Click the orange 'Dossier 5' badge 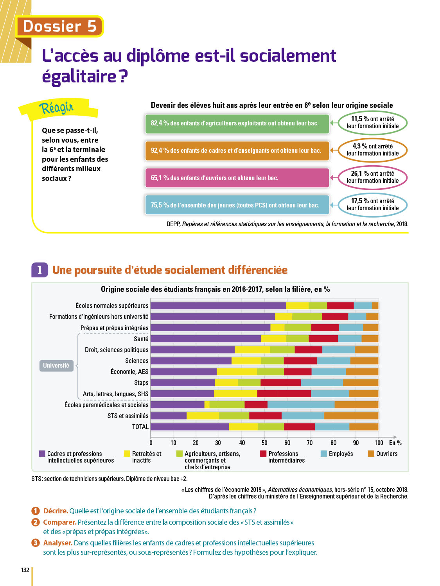point(59,27)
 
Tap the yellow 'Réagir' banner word point(56,107)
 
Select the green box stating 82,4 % point(237,123)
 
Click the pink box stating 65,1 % point(237,178)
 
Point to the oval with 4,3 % point(372,150)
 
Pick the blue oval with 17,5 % point(372,205)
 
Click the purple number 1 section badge point(40,270)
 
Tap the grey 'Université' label point(56,366)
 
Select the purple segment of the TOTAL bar point(190,427)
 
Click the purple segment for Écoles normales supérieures point(218,306)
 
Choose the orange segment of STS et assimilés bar point(351,416)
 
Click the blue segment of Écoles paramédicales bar point(301,405)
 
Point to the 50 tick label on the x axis point(264,443)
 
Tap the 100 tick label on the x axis point(379,443)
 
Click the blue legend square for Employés point(323,454)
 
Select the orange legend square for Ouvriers point(371,454)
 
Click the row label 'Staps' point(141,383)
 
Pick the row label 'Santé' point(141,339)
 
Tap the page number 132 point(25,570)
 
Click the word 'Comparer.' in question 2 point(59,522)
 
